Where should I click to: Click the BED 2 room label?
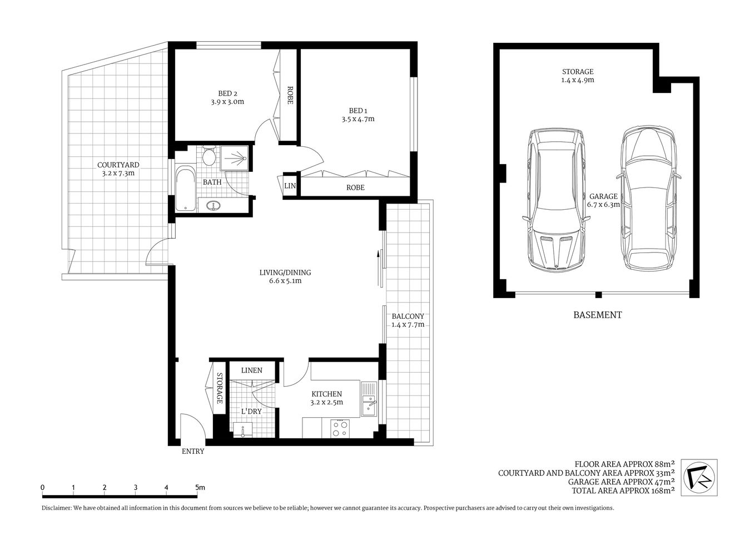227,93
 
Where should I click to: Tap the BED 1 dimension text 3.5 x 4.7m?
357,119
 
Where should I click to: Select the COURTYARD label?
118,165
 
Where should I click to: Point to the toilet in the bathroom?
209,157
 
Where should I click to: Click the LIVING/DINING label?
285,273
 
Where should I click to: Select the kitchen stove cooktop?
340,428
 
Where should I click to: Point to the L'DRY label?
251,412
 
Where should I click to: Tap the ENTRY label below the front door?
193,452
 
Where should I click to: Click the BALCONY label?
408,316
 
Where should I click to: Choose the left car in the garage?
557,200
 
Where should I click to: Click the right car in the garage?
649,197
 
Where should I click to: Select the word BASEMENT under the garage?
597,315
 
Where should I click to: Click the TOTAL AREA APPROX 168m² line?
623,491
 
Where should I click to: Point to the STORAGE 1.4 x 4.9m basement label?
577,76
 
